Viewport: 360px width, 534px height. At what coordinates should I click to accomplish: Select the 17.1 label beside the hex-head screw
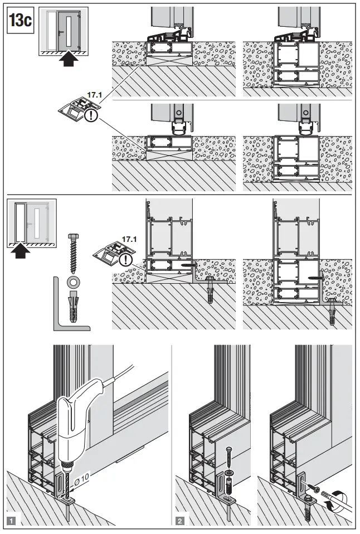[x=129, y=239]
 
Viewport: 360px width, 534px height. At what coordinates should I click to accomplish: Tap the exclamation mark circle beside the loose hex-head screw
[x=128, y=260]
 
